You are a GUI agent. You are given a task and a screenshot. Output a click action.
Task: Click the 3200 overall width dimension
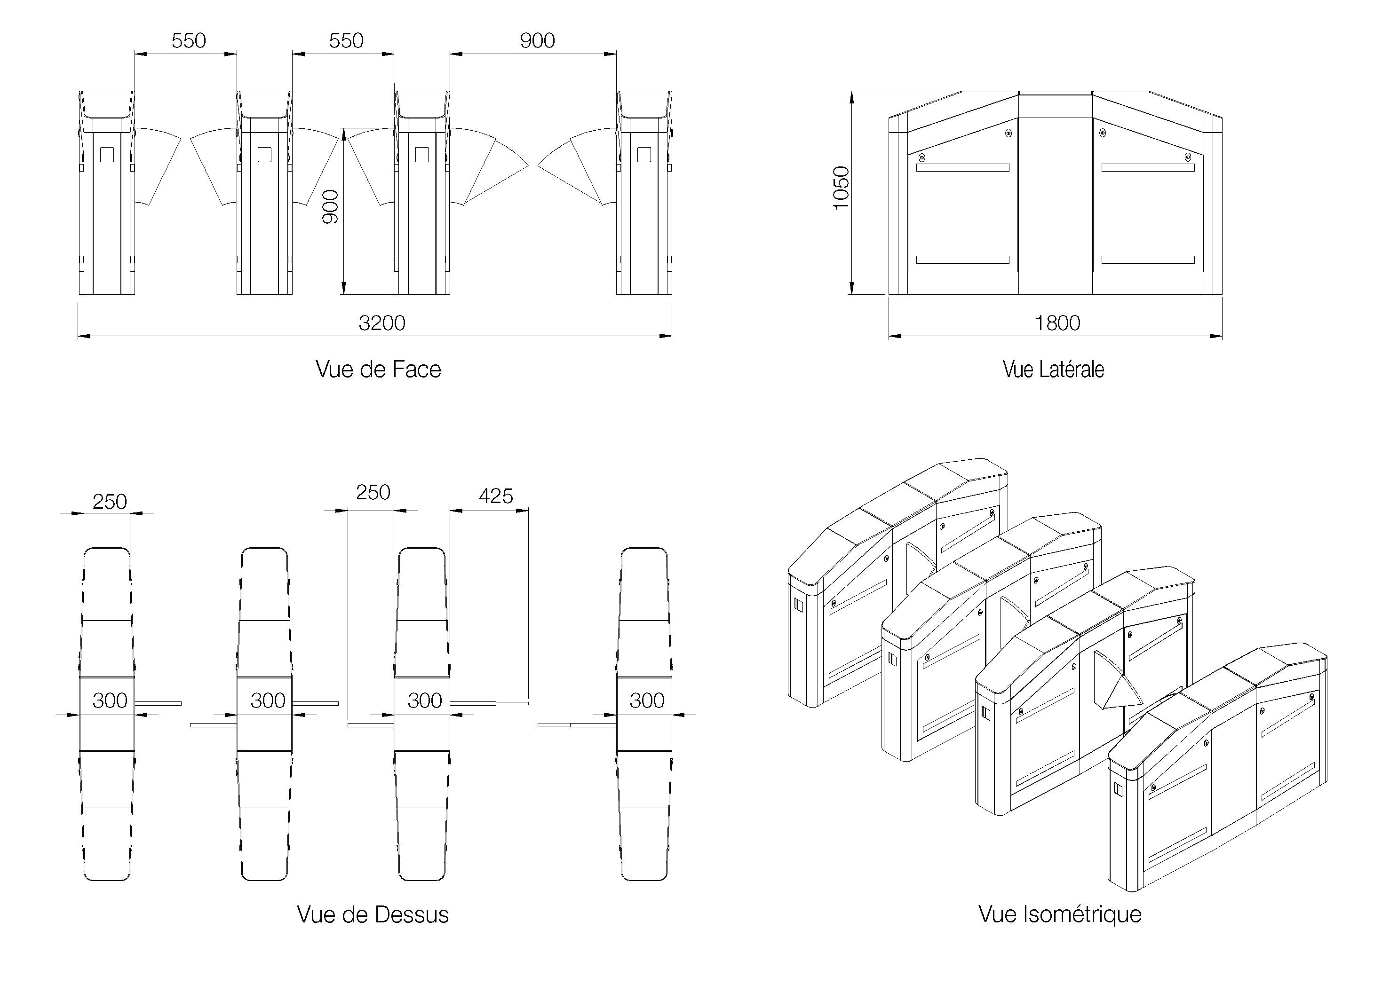click(381, 323)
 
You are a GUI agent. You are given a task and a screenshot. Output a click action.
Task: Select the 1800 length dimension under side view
click(1057, 323)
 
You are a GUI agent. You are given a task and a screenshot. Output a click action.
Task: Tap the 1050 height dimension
click(842, 189)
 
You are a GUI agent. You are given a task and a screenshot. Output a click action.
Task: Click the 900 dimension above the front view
click(537, 40)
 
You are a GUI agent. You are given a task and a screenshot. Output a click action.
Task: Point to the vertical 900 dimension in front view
click(330, 206)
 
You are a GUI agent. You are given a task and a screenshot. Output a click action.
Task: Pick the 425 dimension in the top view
click(496, 496)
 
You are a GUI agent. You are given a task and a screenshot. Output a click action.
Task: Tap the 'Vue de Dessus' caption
click(373, 914)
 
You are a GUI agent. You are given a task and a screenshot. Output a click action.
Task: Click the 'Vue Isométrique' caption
click(1060, 913)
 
